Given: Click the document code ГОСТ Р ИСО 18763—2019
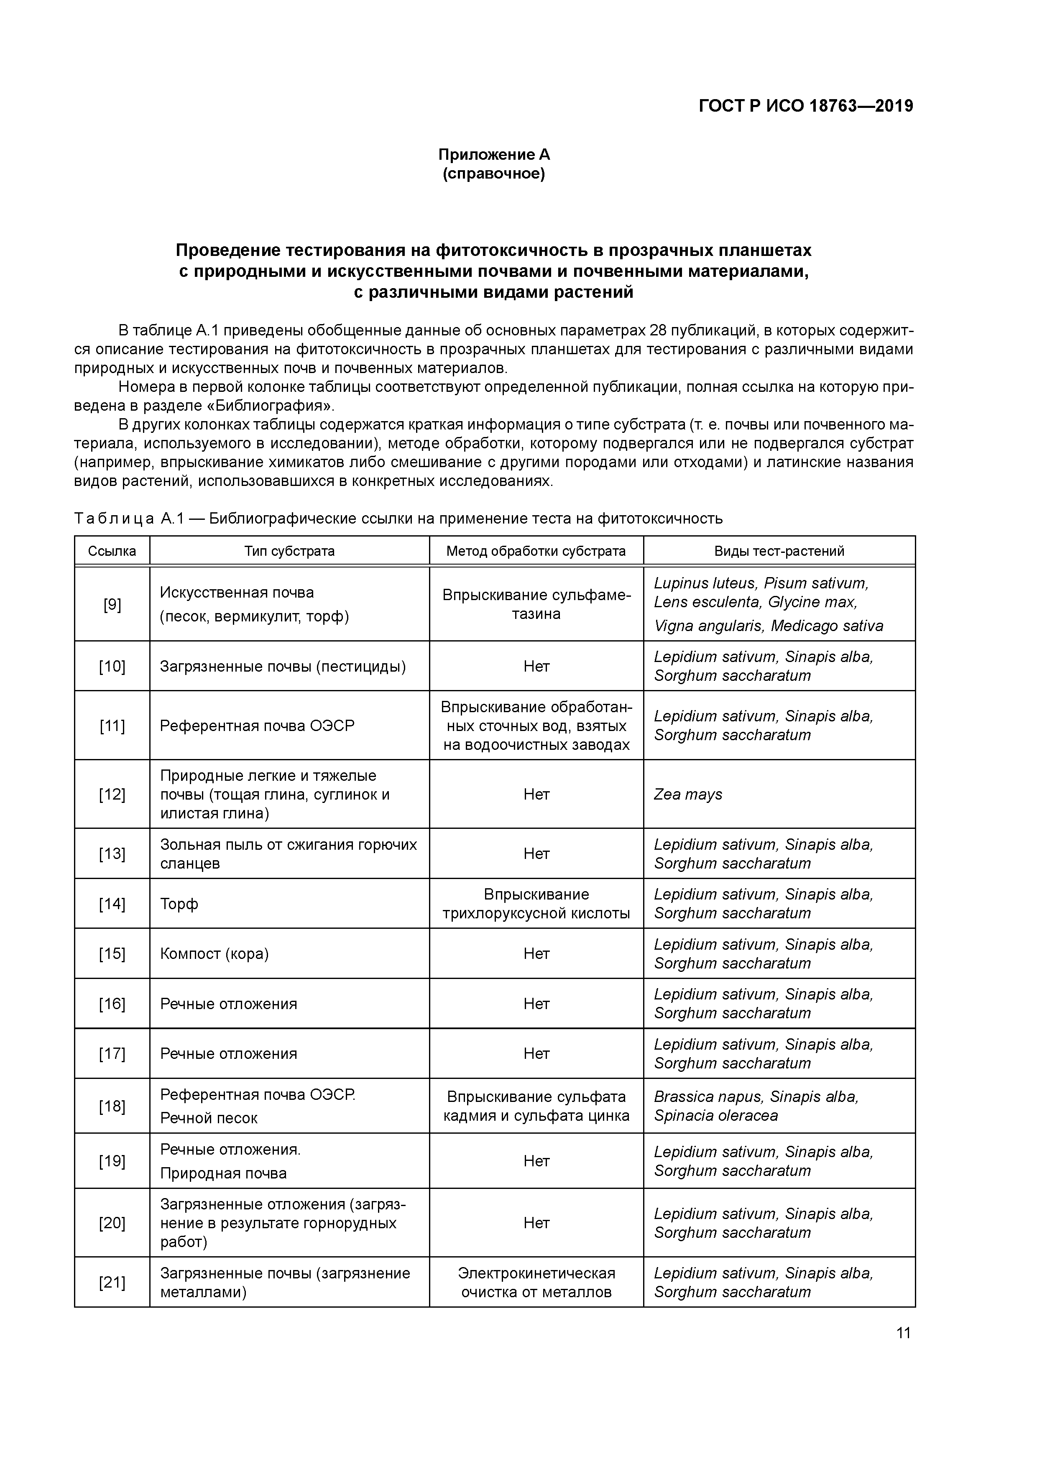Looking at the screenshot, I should click(x=806, y=106).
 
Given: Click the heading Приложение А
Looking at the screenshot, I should click(x=493, y=155).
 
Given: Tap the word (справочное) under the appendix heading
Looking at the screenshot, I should click(x=493, y=174).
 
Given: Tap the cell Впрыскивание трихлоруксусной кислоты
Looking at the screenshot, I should click(x=536, y=903).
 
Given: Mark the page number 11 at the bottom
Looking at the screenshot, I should click(x=903, y=1333).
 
